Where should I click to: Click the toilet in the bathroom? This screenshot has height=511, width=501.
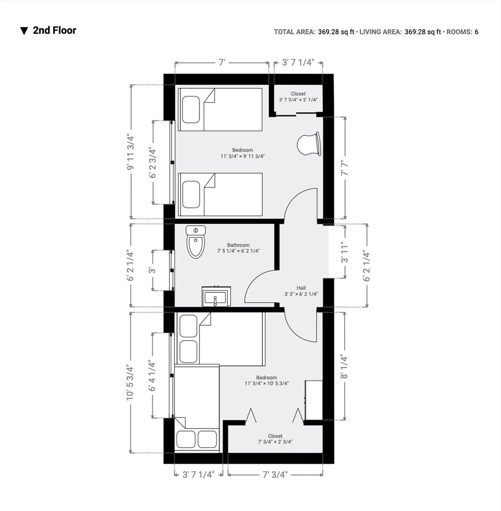pos(196,242)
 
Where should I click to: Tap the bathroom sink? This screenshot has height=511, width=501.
pos(216,296)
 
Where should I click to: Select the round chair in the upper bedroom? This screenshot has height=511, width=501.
pos(309,144)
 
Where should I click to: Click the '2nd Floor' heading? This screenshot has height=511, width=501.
pos(54,30)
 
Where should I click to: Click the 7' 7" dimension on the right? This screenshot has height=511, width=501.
pos(345,168)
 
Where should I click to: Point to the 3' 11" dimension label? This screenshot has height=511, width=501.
pos(345,252)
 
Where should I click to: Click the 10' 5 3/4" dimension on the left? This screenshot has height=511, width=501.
pos(130,382)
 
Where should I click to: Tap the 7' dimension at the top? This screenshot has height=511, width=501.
pos(222,62)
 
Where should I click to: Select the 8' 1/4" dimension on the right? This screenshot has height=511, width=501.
pos(345,367)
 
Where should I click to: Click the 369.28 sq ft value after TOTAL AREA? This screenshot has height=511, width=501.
pos(336,31)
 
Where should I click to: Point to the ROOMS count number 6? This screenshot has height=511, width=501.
pos(477,31)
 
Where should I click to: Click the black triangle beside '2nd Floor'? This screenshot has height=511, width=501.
pos(24,31)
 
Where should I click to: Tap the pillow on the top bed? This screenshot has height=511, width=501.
pos(191,110)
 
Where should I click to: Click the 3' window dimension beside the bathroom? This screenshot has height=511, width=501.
pos(152,270)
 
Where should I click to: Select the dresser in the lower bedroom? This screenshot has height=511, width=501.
pos(314,400)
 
